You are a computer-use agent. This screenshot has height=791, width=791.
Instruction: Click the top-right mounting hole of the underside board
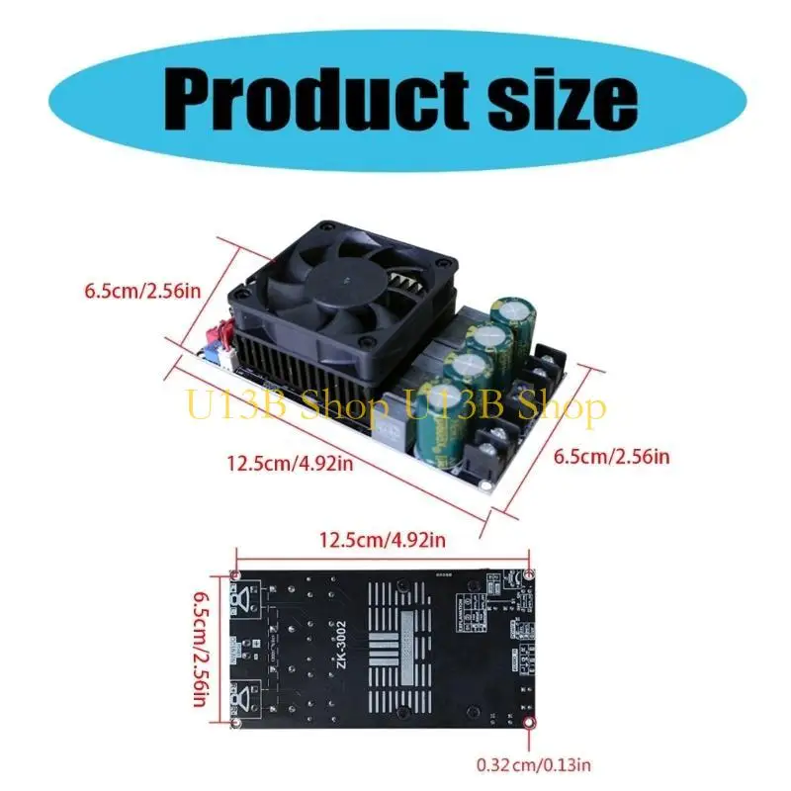pyautogui.click(x=530, y=574)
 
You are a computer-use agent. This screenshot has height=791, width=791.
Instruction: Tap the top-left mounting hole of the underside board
pyautogui.click(x=235, y=574)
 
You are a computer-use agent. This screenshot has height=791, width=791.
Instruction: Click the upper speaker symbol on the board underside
pyautogui.click(x=244, y=597)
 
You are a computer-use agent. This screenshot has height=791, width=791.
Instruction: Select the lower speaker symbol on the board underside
pyautogui.click(x=244, y=700)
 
